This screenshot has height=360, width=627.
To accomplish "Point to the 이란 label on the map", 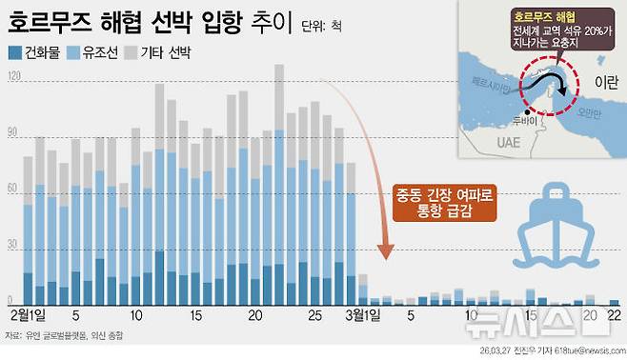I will coord(603,84).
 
